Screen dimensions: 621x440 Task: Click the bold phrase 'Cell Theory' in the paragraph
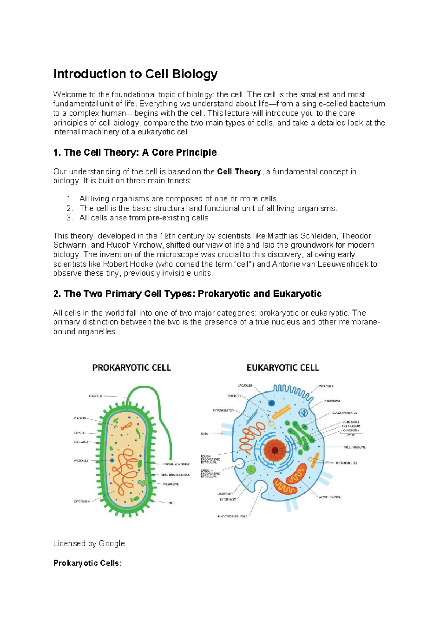click(x=239, y=172)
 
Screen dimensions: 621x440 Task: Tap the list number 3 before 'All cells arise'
click(x=70, y=218)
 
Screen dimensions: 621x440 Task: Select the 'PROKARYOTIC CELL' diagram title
click(x=131, y=368)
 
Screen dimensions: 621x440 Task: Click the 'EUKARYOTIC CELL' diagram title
click(x=283, y=368)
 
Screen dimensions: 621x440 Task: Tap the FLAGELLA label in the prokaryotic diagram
click(x=96, y=396)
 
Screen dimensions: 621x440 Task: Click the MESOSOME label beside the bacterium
click(x=170, y=484)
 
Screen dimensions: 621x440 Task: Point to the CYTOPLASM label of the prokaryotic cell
click(x=82, y=501)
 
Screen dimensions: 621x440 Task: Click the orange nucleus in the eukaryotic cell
click(x=274, y=450)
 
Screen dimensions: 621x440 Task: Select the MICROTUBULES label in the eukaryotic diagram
click(x=346, y=463)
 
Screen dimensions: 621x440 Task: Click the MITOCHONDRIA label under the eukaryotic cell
click(x=330, y=497)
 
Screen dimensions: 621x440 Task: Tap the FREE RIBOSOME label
click(x=355, y=447)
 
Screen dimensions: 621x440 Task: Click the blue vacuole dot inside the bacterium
click(x=112, y=460)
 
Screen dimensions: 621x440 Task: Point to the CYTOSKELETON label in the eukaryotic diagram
click(x=223, y=410)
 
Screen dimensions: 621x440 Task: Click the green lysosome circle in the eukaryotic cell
click(x=251, y=470)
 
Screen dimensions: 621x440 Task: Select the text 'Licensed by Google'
click(x=89, y=543)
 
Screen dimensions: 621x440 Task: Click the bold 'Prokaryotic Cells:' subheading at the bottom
click(x=87, y=563)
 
